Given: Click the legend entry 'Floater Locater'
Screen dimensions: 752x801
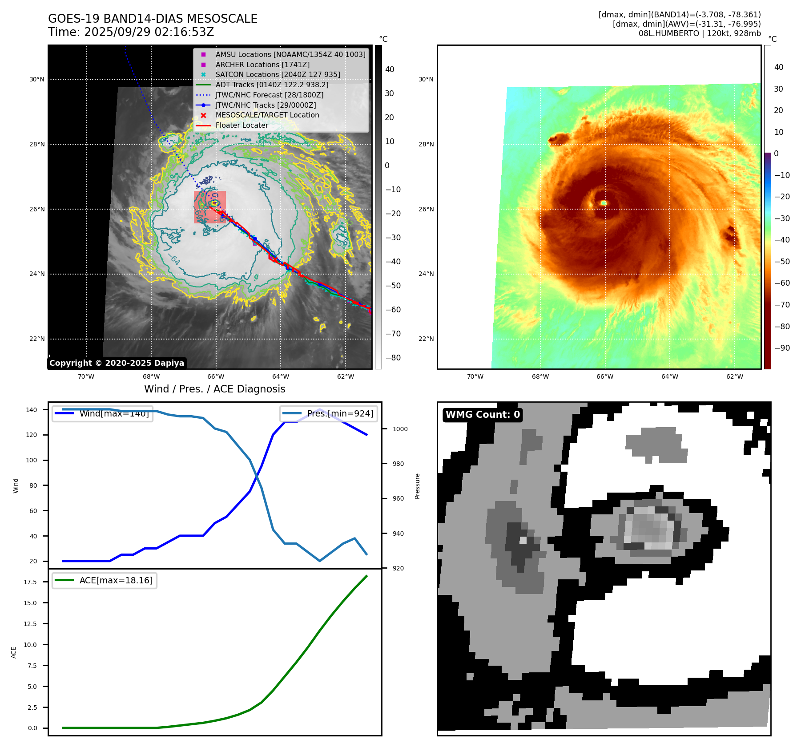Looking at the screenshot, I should (242, 125).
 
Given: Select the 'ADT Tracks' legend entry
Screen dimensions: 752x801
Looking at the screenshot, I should (272, 85).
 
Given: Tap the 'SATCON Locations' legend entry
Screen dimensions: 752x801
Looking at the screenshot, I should (278, 74).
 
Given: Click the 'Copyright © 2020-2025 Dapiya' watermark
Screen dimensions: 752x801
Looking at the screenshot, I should (117, 363).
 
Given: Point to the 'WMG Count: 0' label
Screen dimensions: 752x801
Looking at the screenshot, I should (483, 415).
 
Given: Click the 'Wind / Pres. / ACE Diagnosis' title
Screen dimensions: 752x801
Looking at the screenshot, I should (214, 389).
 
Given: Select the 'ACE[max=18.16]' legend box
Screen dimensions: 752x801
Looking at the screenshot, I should (105, 580).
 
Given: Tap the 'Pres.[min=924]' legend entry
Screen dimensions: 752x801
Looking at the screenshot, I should (329, 413).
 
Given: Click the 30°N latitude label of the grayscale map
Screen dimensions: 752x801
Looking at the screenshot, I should (37, 80).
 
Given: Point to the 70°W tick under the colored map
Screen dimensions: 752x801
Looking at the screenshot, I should (475, 376).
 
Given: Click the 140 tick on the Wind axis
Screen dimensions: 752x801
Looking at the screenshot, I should (32, 410).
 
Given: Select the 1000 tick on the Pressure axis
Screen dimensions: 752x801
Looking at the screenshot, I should (400, 429).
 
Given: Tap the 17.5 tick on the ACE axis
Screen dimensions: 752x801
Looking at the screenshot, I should (30, 582).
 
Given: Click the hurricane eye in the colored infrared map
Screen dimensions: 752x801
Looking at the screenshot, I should (604, 203).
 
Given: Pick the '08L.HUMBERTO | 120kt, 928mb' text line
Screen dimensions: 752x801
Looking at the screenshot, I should (699, 33).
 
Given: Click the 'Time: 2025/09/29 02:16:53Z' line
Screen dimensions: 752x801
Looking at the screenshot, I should (131, 32).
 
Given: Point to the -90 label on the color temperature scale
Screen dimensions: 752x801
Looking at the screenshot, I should (782, 348).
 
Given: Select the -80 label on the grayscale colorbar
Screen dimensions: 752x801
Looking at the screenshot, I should (393, 358).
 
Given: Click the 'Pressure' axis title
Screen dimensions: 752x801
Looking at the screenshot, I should (417, 486).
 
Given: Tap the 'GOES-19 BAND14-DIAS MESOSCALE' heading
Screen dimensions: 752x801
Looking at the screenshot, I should (153, 19).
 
